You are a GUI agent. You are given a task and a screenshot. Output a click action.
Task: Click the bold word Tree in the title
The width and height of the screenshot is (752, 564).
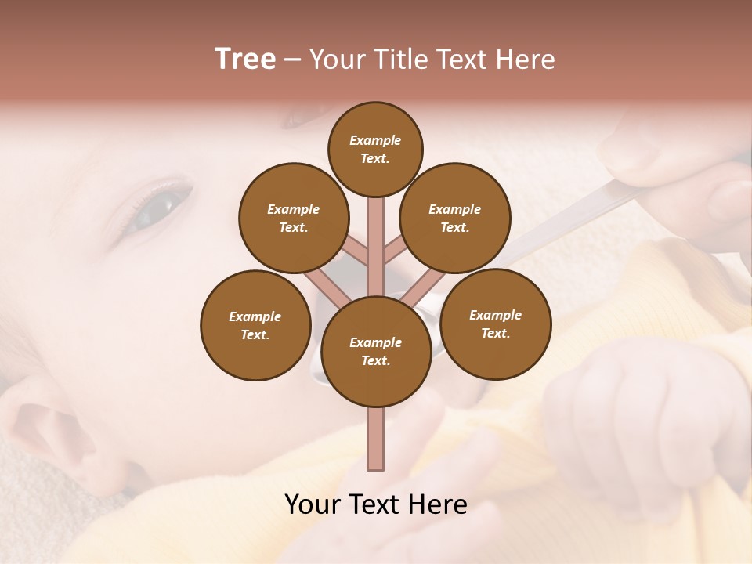click(x=245, y=60)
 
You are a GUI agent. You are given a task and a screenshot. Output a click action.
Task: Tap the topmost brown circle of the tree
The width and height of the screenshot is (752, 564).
click(x=375, y=149)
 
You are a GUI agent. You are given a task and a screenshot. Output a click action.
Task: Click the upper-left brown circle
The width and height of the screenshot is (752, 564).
click(x=294, y=218)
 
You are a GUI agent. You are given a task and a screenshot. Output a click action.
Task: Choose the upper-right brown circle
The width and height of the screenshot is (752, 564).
click(x=455, y=218)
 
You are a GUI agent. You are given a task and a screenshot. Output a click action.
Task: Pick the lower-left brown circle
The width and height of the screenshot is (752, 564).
click(x=255, y=325)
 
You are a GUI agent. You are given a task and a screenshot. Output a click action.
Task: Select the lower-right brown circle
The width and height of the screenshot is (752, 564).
click(x=496, y=324)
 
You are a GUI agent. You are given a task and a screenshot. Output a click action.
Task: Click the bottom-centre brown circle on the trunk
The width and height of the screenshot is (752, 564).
click(x=376, y=351)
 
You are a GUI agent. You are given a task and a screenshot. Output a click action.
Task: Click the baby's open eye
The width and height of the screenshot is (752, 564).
click(x=161, y=205)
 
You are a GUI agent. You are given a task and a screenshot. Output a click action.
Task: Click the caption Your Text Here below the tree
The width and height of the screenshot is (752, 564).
click(x=376, y=504)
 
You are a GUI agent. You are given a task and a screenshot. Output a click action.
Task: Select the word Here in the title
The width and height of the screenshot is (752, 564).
click(x=526, y=60)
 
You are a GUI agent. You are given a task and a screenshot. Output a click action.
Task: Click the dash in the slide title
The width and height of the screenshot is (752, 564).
click(x=292, y=60)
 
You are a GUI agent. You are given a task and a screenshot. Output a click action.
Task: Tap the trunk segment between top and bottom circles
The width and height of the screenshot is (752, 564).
click(x=376, y=243)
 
